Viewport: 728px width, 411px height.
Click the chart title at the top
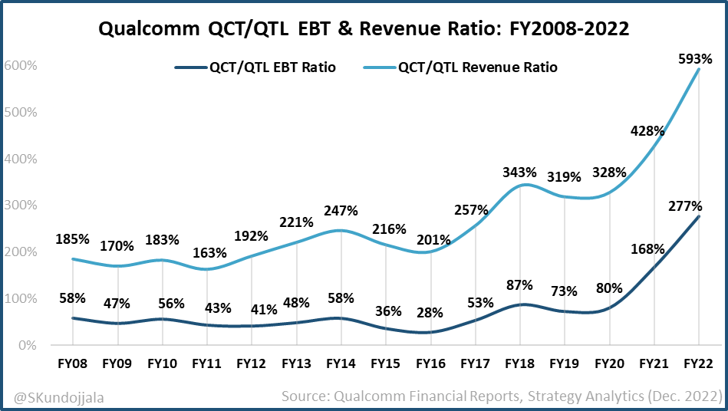[x=364, y=30]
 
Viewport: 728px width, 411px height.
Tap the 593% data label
[x=695, y=58]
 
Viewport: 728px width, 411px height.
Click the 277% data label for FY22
[x=685, y=206]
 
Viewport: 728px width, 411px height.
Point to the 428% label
[x=647, y=130]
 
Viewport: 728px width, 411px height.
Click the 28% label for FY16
[x=431, y=314]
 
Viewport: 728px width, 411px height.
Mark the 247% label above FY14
[x=341, y=211]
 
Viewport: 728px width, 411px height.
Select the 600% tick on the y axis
[x=20, y=66]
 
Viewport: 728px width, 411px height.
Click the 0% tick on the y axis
[x=26, y=346]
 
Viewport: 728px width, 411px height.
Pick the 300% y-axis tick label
[x=20, y=205]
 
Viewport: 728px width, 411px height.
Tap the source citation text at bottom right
[x=501, y=396]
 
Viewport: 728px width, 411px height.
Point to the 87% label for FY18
[x=519, y=285]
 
